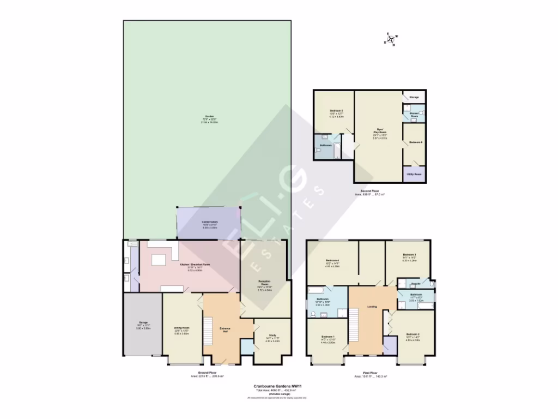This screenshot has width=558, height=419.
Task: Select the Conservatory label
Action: click(210, 222)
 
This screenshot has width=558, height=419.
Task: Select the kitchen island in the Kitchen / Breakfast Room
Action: click(159, 260)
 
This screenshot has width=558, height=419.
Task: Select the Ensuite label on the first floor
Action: click(415, 284)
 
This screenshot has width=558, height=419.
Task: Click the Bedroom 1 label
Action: click(327, 336)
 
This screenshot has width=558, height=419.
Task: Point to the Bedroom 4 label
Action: click(332, 260)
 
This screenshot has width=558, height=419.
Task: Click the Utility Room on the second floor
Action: click(414, 174)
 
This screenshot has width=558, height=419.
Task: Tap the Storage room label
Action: click(414, 97)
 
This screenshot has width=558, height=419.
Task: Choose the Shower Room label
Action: click(414, 115)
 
